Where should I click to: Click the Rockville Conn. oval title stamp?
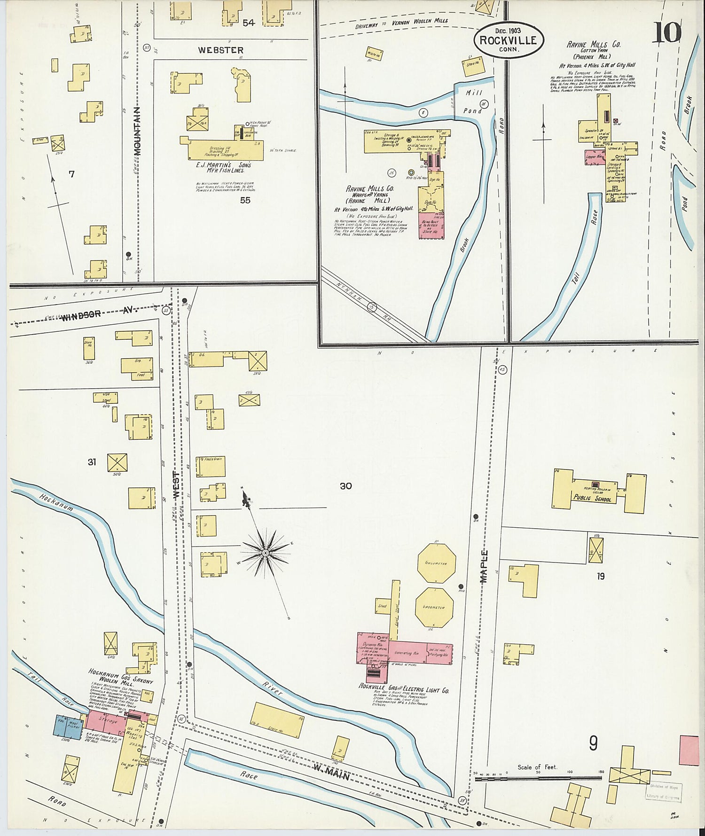click(508, 40)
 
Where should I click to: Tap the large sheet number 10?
click(666, 32)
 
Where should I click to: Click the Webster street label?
click(220, 50)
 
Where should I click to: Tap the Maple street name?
click(484, 566)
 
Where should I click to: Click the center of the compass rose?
click(266, 553)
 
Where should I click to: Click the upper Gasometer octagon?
click(436, 563)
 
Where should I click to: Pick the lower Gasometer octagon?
click(434, 607)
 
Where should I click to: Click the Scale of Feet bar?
click(538, 779)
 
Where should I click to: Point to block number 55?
click(245, 200)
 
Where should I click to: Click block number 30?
click(345, 486)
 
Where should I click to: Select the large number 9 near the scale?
click(594, 743)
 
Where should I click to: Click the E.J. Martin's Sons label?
click(224, 168)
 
